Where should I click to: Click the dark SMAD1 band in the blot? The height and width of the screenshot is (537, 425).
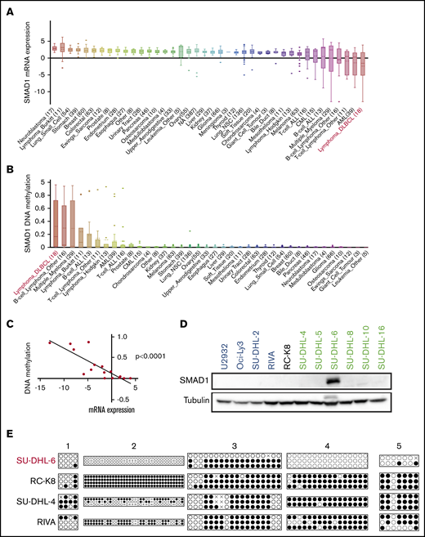click(x=332, y=381)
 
